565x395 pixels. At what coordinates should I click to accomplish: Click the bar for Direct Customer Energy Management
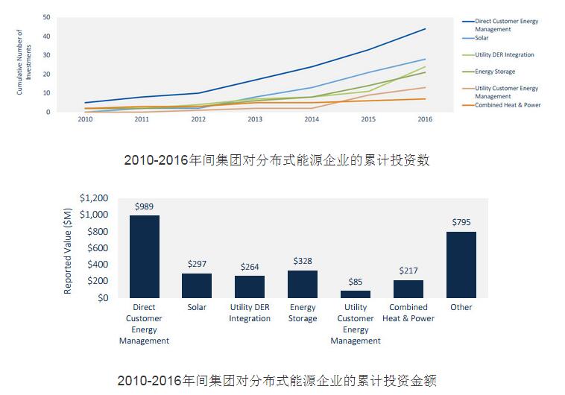tap(144, 256)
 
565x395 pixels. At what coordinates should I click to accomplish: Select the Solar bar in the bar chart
tap(197, 285)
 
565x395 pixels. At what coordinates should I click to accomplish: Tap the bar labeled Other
tap(461, 265)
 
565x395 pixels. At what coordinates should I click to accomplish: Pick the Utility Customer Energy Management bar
tap(356, 294)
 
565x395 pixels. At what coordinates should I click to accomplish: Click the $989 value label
tap(144, 206)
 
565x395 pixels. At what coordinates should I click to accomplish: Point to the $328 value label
tap(303, 262)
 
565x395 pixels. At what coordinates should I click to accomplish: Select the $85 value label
tap(356, 282)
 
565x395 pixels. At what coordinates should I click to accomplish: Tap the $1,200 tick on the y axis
tap(95, 198)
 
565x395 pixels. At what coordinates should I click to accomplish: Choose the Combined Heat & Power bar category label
tap(408, 313)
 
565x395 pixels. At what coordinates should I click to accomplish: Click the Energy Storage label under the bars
tap(303, 313)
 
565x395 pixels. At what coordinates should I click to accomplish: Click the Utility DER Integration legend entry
tap(504, 55)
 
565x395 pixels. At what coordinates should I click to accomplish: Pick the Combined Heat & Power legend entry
tap(508, 105)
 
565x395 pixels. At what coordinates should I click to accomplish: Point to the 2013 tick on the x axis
tap(255, 119)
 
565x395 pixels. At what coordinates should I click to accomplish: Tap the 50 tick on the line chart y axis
tap(46, 17)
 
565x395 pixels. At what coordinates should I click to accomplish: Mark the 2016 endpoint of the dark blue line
tap(425, 29)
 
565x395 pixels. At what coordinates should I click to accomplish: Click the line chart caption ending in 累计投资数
tap(277, 160)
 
